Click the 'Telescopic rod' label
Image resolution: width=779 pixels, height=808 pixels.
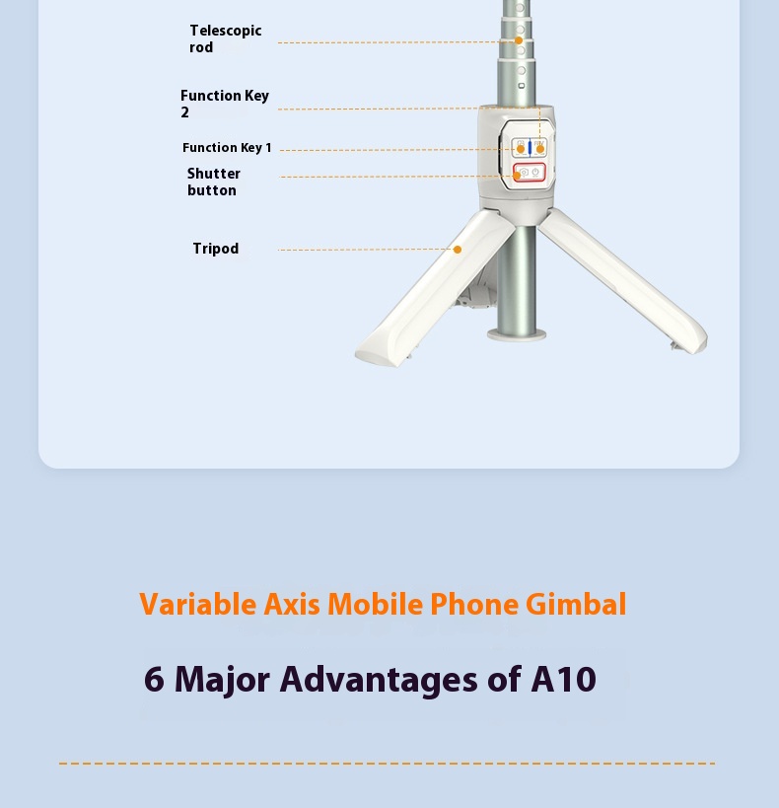tap(226, 38)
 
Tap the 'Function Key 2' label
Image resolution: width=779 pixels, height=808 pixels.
tap(225, 104)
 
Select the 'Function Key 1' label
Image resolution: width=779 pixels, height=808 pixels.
tap(227, 148)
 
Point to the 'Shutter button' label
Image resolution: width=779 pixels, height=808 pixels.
tap(213, 182)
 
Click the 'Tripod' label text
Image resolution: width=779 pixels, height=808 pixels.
tap(216, 249)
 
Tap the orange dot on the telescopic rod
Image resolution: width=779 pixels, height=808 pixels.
tap(519, 40)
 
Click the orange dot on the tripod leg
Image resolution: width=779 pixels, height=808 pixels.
tap(457, 250)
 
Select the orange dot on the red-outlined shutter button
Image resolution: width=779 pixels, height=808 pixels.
tap(517, 176)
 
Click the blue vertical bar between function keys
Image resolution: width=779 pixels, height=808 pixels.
tap(530, 147)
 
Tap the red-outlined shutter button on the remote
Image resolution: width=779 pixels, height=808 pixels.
tap(530, 172)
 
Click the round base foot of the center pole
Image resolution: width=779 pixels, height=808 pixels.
tap(517, 334)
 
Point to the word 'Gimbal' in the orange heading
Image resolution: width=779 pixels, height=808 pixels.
tap(576, 605)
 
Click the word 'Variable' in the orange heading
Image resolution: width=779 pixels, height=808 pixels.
tap(198, 605)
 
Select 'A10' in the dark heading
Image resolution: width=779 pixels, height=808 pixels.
tap(564, 679)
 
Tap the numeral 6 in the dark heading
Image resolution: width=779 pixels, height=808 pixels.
tap(154, 679)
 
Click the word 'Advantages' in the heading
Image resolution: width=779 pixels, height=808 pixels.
tap(379, 680)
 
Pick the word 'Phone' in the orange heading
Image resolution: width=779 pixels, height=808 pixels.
tap(474, 605)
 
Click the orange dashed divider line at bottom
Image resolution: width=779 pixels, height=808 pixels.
tap(387, 764)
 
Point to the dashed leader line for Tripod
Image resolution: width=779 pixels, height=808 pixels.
tap(365, 250)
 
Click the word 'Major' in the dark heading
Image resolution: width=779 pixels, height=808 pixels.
tap(222, 680)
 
